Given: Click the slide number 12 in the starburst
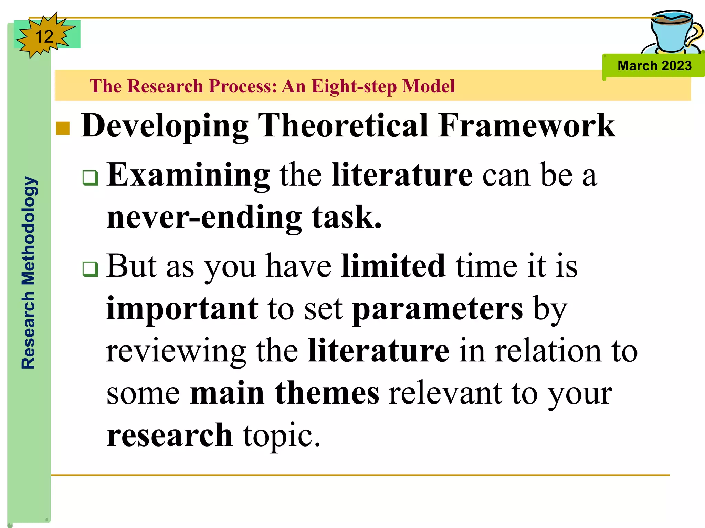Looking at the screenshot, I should pos(44,36).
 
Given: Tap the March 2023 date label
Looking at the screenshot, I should pos(654,66).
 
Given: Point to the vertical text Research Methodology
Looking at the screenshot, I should pos(29,273).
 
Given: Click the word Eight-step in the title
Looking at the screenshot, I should pos(354,86).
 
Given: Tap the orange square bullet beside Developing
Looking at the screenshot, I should pos(63,128).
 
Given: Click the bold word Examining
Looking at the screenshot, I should pos(188,175).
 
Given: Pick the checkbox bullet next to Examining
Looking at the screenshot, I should pos(90,178).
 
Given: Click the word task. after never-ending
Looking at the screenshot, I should pos(347,217).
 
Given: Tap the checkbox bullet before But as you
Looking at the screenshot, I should pos(90,269).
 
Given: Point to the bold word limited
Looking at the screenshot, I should pos(393,266).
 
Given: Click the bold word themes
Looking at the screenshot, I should pos(327,393).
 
